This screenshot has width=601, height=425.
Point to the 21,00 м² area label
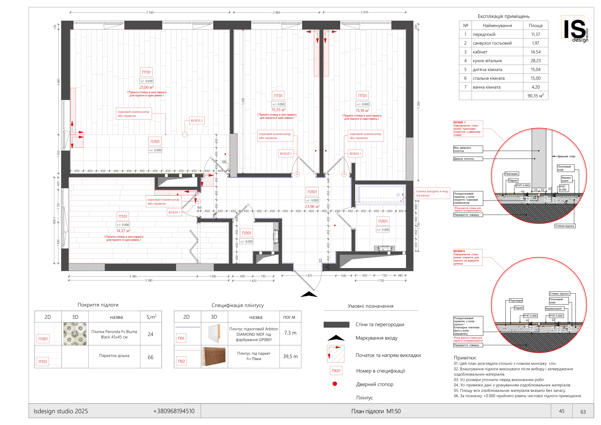146,87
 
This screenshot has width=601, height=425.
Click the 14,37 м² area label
123,231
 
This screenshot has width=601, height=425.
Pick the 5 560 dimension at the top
150,12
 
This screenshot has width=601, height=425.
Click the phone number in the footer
174,411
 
